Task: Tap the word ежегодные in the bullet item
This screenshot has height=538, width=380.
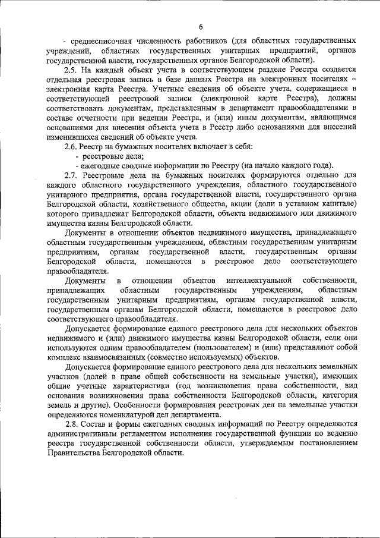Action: pos(102,165)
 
